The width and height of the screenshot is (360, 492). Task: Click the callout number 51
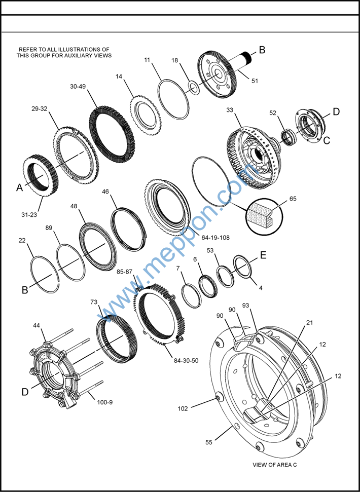pos(255,81)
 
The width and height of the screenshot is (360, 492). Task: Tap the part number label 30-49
pos(79,86)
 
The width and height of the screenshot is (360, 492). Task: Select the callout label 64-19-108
pos(215,238)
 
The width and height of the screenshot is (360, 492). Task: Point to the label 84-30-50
pos(186,361)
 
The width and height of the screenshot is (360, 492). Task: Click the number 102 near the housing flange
pos(183,408)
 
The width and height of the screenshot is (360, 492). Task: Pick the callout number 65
pos(293,199)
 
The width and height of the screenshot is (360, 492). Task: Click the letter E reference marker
pos(263,255)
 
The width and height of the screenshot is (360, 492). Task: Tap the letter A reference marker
pos(19,187)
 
